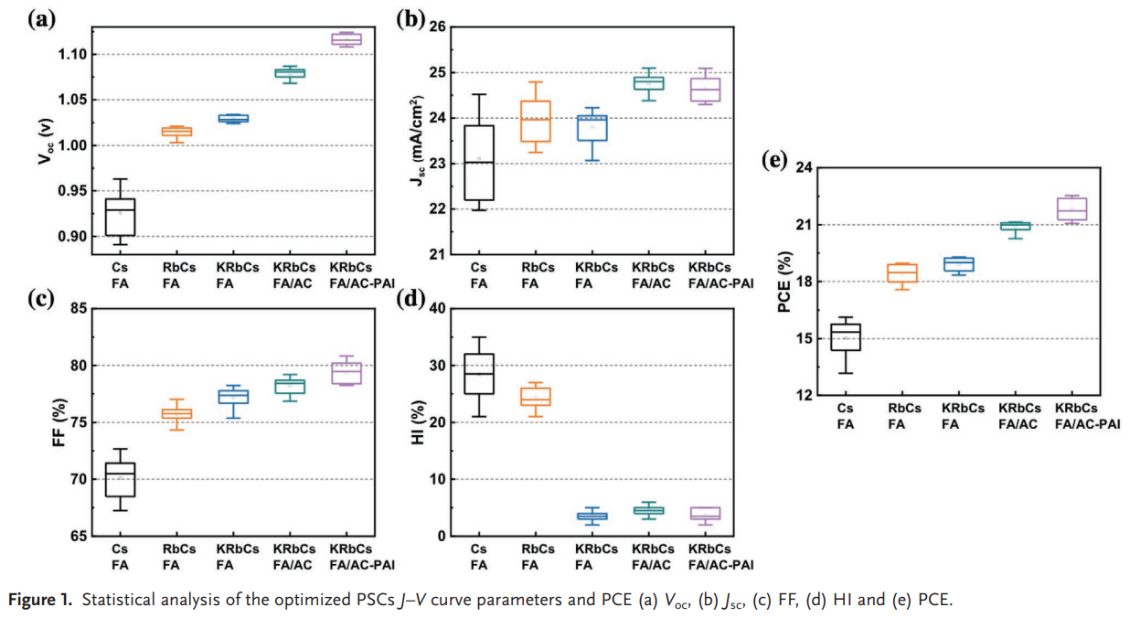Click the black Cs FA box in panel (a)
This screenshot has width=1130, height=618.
[x=120, y=217]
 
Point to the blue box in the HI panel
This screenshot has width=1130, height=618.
[x=592, y=516]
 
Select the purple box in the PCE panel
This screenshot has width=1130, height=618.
[x=1071, y=208]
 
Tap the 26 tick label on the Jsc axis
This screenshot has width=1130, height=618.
[x=436, y=27]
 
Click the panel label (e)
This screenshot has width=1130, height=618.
[x=775, y=162]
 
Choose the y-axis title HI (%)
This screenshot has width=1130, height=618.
[x=418, y=421]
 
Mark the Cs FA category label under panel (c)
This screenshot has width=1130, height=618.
[x=120, y=557]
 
